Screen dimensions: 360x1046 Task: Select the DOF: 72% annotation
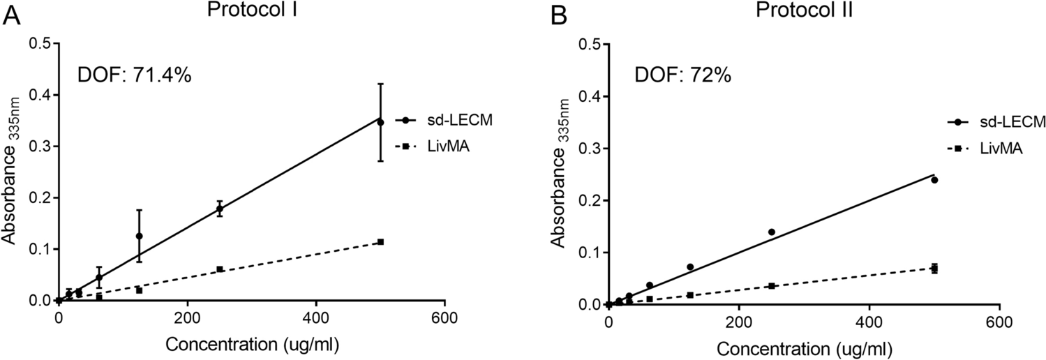point(683,74)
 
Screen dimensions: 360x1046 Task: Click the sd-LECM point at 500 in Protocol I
point(380,122)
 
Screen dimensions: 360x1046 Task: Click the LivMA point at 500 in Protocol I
point(380,241)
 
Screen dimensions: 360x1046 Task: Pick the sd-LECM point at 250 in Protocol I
point(219,209)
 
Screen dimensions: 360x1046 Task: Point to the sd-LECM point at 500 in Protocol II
point(934,180)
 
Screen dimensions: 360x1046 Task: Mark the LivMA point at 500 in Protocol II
point(934,268)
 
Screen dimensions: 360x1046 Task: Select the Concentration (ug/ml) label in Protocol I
point(251,345)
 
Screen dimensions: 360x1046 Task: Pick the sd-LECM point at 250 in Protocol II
point(772,232)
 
